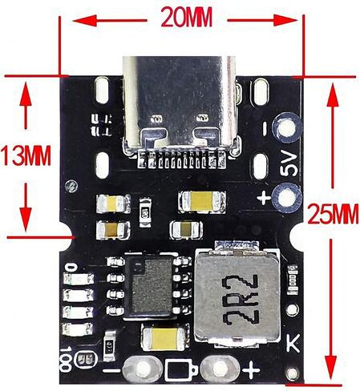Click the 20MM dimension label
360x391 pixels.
pos(187,17)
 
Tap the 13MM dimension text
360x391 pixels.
pos(26,155)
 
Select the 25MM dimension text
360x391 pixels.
pos(333,214)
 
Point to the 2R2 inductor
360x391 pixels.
pos(238,296)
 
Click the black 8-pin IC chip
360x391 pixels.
pos(149,287)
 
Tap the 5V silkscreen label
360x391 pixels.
pos(289,163)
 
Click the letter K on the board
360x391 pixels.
pos(293,343)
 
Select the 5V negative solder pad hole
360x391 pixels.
pos(287,127)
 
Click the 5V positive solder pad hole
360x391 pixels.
pos(287,198)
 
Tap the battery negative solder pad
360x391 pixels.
pos(142,369)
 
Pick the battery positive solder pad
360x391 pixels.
pos(220,369)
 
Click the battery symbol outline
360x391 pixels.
pos(181,370)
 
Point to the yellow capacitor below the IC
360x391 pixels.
pos(164,339)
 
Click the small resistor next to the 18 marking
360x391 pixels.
pos(109,346)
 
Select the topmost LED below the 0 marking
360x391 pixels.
pos(79,279)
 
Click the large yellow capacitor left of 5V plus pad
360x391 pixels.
pos(202,201)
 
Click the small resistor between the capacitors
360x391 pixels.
pos(145,212)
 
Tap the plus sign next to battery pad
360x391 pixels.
pos(251,370)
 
